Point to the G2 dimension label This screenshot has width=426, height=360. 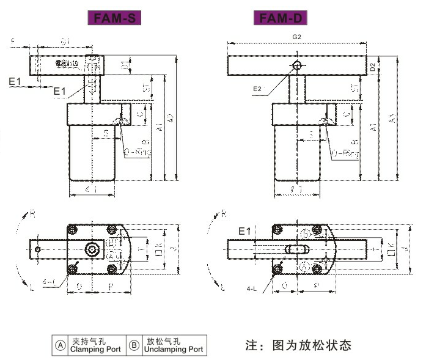(297, 37)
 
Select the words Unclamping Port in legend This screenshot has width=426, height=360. (174, 350)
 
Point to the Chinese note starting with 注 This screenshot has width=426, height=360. (298, 345)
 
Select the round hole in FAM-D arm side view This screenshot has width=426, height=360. (297, 65)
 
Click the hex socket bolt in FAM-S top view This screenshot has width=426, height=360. (92, 249)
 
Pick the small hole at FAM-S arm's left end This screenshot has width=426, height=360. (38, 249)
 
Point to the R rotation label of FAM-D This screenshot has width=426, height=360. (224, 214)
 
